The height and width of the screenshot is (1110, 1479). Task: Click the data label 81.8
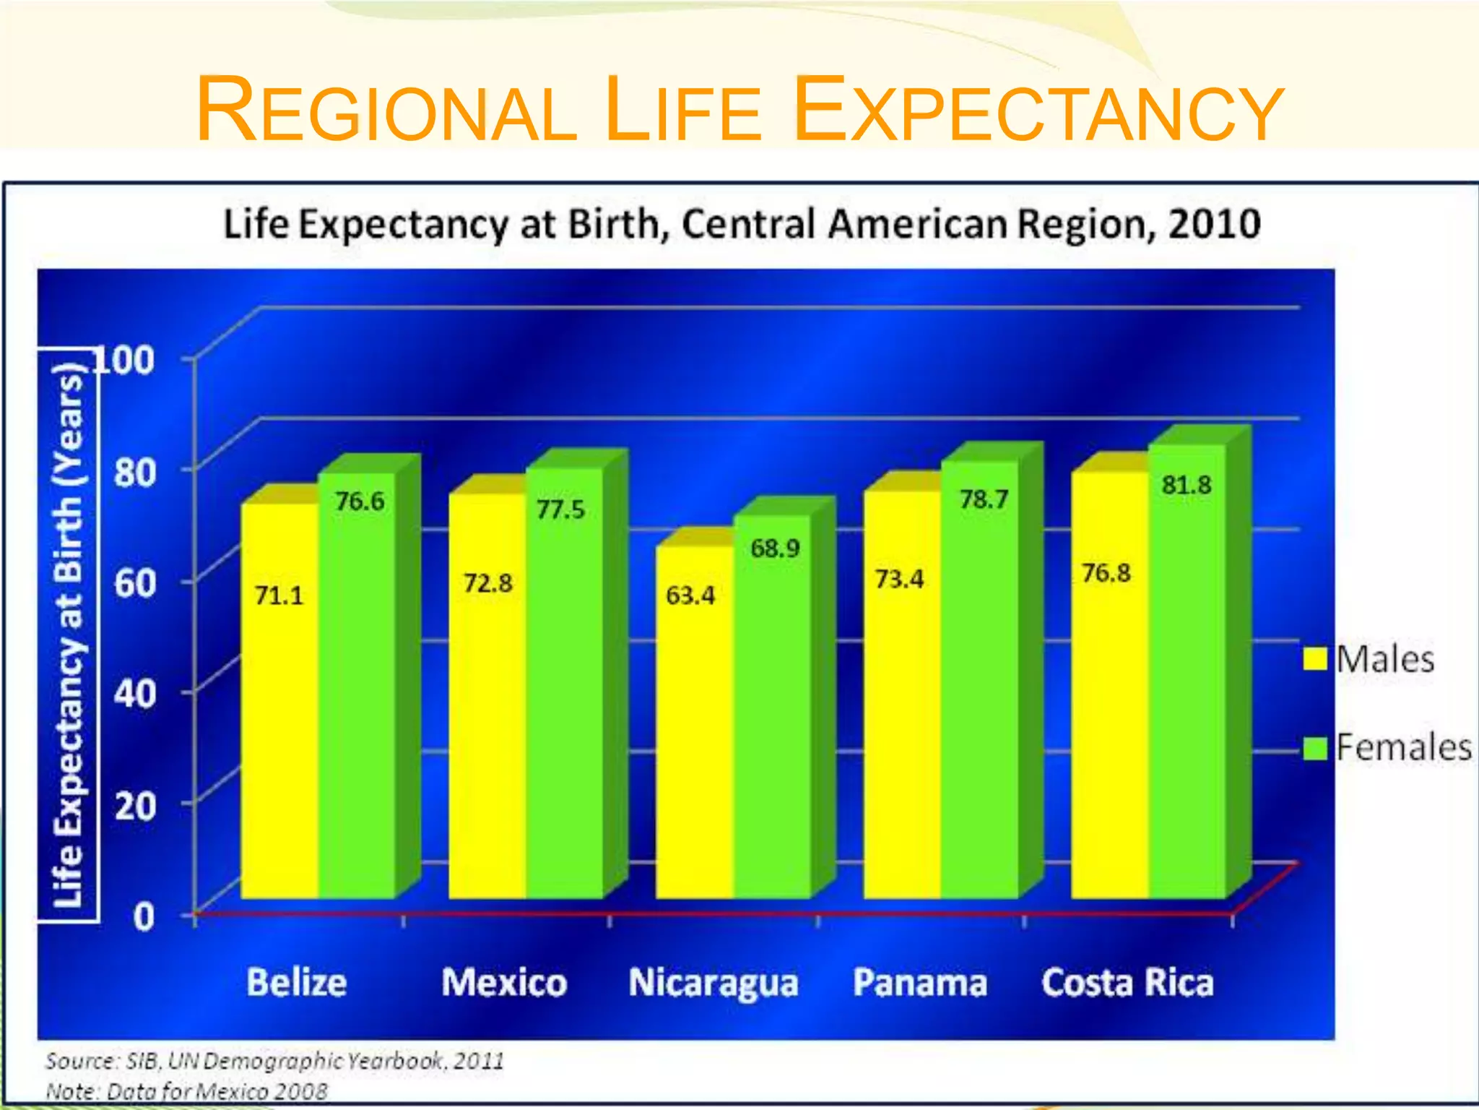(x=1187, y=485)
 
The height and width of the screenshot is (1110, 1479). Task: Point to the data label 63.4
(x=690, y=595)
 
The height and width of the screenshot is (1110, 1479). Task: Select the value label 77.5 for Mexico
(x=560, y=509)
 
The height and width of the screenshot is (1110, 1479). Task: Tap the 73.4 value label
(x=899, y=579)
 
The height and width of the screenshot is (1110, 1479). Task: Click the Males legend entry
(x=1369, y=659)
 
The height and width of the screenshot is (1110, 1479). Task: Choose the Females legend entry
(x=1387, y=747)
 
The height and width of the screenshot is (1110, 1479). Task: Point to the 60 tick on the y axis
(x=135, y=582)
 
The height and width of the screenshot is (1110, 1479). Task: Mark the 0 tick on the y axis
(x=144, y=916)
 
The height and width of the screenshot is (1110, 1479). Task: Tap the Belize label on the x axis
(x=296, y=983)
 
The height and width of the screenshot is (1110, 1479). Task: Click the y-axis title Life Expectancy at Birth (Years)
(x=69, y=636)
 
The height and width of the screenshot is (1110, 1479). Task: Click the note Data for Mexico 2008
(x=186, y=1090)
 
